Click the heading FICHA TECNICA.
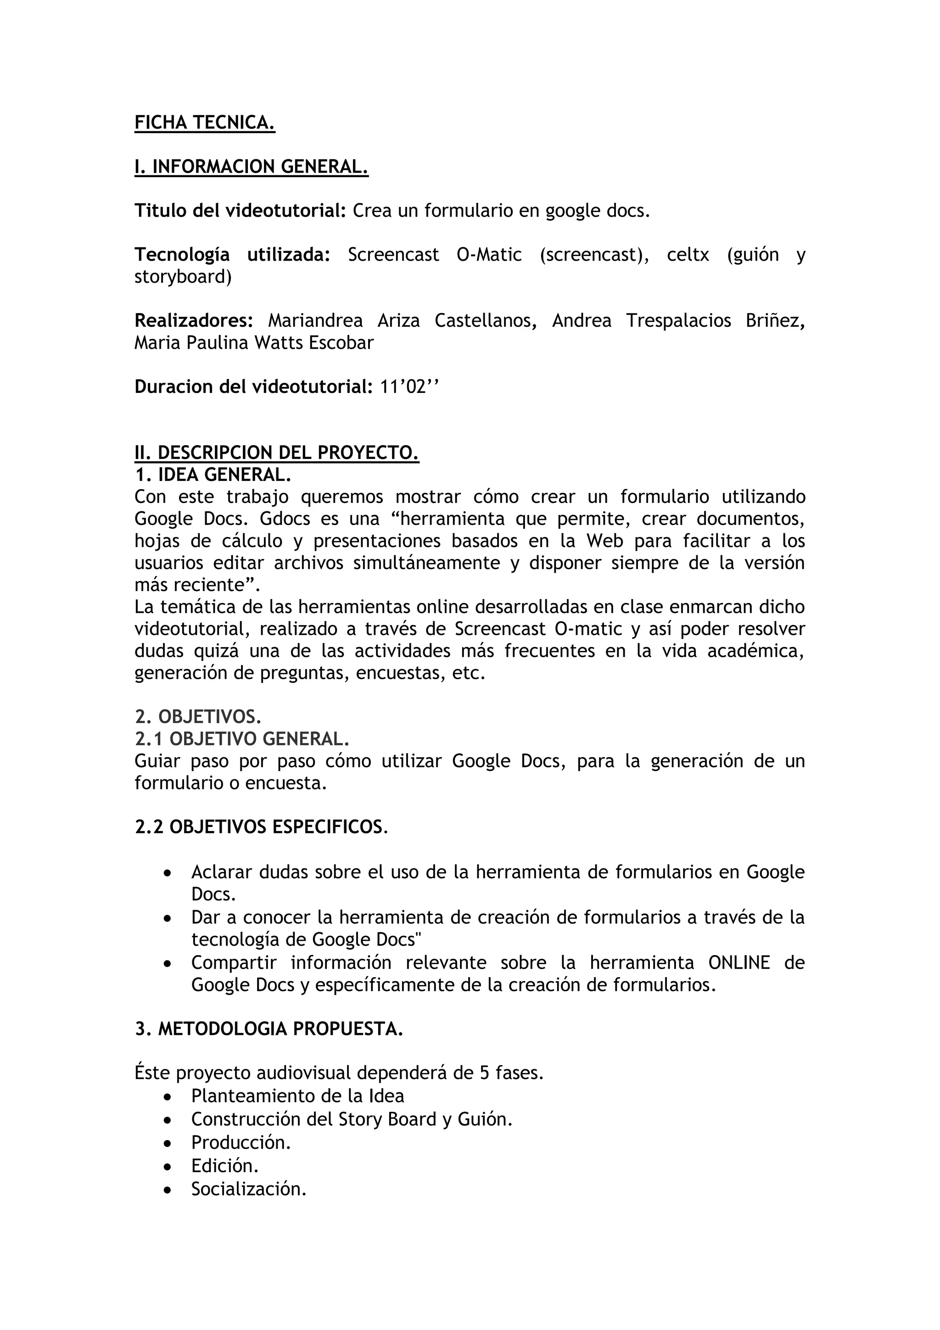pos(204,123)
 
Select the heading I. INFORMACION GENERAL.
pos(252,167)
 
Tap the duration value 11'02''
pos(409,386)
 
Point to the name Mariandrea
pos(315,320)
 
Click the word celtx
pos(688,254)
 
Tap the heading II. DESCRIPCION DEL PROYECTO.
pos(276,453)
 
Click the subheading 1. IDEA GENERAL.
pos(213,475)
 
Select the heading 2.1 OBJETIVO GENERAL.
pos(242,738)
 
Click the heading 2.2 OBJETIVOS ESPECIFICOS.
pos(261,827)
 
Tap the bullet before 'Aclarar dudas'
pos(168,872)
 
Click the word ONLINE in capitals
pos(739,962)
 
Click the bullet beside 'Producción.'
pos(168,1143)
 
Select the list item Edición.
pos(225,1166)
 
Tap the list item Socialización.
pos(248,1189)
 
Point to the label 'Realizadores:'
pos(193,320)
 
